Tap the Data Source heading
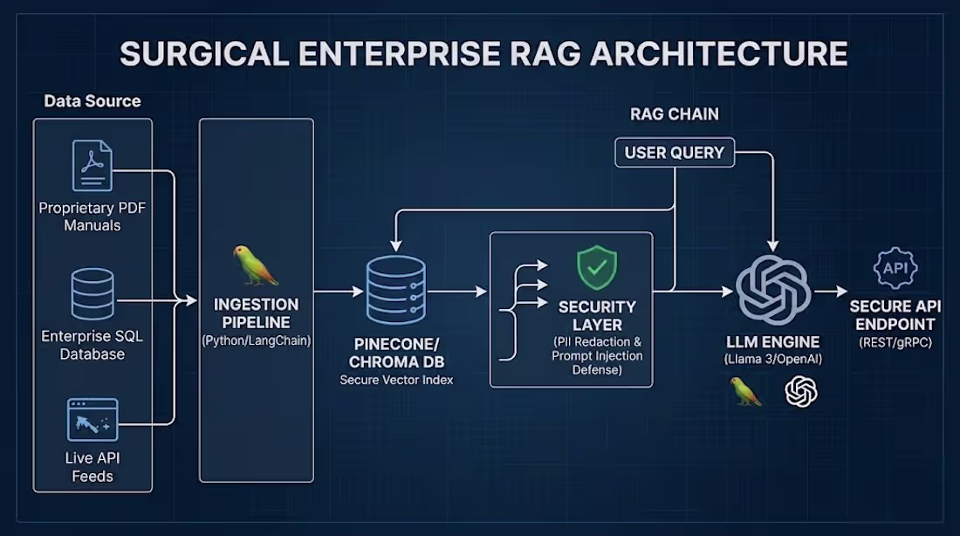(x=93, y=101)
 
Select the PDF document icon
(x=92, y=166)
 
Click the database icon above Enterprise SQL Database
(x=93, y=294)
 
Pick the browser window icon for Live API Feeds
(x=93, y=420)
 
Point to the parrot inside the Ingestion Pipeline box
(x=255, y=265)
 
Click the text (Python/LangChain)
(x=256, y=340)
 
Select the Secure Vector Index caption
(x=395, y=380)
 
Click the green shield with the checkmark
(x=597, y=268)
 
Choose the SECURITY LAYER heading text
(x=597, y=316)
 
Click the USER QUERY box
(x=674, y=152)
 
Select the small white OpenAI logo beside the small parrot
(x=801, y=391)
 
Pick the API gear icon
(x=895, y=268)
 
